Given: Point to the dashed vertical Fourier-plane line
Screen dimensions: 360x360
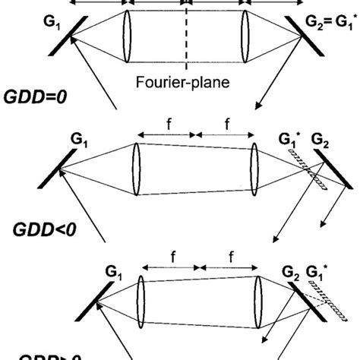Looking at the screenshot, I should point(186,38).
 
